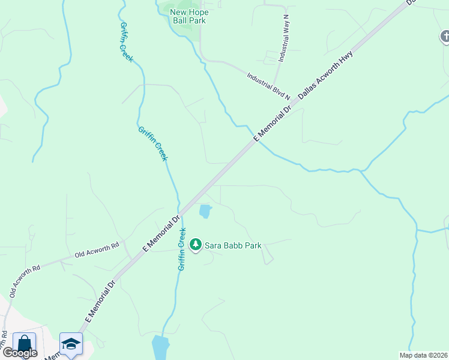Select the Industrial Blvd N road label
click(x=268, y=86)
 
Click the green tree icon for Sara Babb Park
click(x=195, y=245)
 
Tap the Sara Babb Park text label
click(x=233, y=245)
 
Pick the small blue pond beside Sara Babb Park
click(x=205, y=211)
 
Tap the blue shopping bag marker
click(x=24, y=344)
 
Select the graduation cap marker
click(x=71, y=344)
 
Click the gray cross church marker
click(x=444, y=37)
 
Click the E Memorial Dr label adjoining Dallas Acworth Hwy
click(x=273, y=122)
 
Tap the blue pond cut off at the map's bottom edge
click(x=160, y=347)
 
